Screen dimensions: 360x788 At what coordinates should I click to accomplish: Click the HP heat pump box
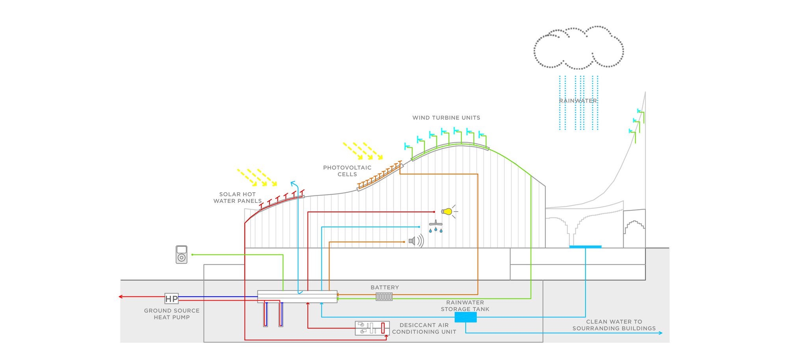click(171, 299)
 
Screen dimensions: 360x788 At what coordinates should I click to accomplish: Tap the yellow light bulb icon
click(447, 212)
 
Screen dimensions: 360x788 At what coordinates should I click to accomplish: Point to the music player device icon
click(182, 254)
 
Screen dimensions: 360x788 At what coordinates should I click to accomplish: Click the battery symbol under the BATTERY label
click(384, 297)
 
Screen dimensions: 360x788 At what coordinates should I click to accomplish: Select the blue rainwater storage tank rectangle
click(466, 317)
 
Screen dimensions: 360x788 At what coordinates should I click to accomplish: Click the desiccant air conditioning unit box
click(372, 328)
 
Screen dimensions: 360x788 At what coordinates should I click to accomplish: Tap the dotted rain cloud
click(578, 47)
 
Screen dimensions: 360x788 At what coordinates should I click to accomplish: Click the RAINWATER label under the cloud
click(578, 101)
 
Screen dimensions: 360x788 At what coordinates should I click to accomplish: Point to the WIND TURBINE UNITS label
click(446, 118)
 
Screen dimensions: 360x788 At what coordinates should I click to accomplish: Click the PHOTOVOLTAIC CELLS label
click(347, 171)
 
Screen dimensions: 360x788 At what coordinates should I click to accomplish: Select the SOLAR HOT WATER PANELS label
click(238, 198)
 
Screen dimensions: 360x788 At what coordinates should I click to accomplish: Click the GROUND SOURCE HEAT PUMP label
click(172, 314)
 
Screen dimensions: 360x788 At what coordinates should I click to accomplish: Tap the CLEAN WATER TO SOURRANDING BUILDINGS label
click(614, 325)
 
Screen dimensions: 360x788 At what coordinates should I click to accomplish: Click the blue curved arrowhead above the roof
click(293, 183)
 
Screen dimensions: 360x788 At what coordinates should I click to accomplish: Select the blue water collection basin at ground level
click(585, 247)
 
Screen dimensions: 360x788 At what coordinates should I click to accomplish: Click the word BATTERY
click(385, 288)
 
